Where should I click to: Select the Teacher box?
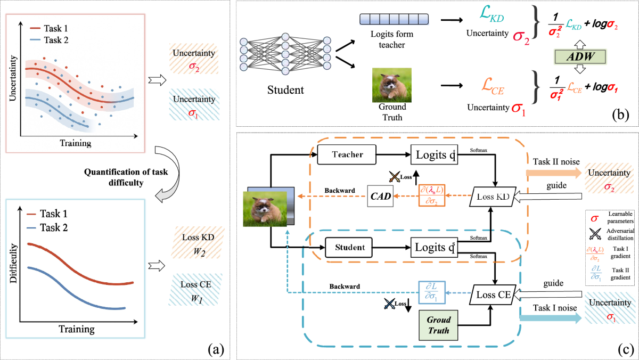(347, 154)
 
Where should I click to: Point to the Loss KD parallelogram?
(489, 197)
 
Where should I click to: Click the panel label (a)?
(216, 349)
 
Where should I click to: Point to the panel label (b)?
(621, 113)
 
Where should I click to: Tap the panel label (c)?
(620, 349)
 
